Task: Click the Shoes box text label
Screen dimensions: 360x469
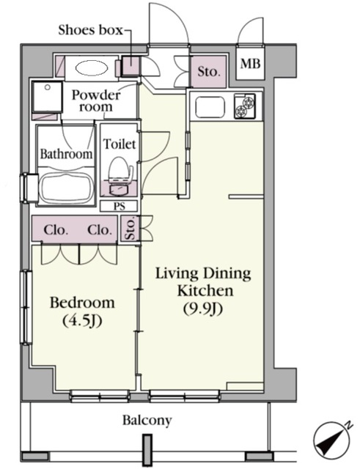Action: click(x=90, y=30)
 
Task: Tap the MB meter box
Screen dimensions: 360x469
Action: click(x=250, y=63)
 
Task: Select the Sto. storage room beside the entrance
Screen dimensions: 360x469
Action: click(x=208, y=72)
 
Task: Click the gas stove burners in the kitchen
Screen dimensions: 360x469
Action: click(x=245, y=106)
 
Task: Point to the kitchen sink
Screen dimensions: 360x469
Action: click(x=210, y=107)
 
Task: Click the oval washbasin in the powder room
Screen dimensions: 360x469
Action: click(x=91, y=69)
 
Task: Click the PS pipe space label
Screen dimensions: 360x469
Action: click(x=119, y=206)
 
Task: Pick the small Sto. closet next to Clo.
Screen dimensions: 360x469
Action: click(x=130, y=229)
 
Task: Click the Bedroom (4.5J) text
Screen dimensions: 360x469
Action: click(x=82, y=311)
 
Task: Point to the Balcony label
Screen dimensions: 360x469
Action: click(x=147, y=421)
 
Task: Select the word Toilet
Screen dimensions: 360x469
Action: click(x=120, y=144)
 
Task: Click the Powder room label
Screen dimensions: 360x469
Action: click(x=96, y=100)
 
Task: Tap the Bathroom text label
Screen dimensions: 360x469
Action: click(x=66, y=154)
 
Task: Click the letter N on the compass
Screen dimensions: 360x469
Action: click(x=348, y=425)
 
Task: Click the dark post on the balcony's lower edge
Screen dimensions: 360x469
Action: click(x=147, y=450)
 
